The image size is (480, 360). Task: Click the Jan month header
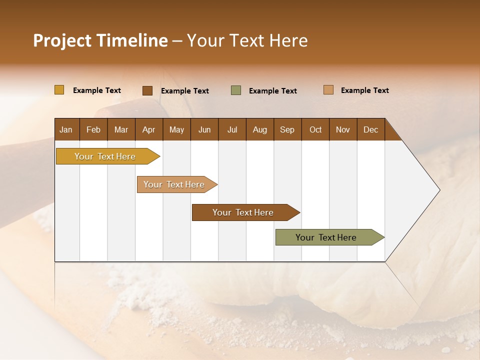click(66, 129)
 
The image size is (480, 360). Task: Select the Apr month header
click(149, 129)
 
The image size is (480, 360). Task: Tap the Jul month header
click(232, 129)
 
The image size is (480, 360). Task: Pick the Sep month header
click(287, 129)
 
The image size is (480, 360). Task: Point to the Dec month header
click(370, 129)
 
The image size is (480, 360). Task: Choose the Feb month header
click(93, 129)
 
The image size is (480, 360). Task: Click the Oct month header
click(315, 129)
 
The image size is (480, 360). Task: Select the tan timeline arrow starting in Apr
click(175, 184)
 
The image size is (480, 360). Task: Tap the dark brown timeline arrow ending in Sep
click(243, 212)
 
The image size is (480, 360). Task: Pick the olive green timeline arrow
click(327, 237)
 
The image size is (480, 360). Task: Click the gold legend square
click(59, 90)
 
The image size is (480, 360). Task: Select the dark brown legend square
click(147, 90)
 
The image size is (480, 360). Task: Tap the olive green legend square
click(236, 90)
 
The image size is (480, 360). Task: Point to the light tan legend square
click(328, 90)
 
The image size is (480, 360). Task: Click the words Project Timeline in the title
click(100, 40)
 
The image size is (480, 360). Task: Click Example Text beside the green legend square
click(273, 91)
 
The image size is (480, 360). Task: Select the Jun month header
click(204, 129)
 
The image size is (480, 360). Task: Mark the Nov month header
click(343, 129)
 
